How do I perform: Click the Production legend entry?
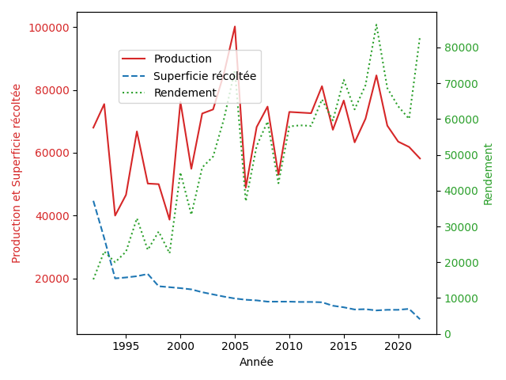coord(183,59)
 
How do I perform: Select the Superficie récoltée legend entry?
coord(205,76)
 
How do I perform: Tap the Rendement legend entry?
coord(185,93)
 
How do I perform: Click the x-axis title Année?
coord(256,363)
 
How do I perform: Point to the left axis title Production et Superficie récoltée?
coord(17,173)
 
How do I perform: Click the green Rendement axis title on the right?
coord(488,173)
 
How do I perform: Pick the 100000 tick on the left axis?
coord(49,28)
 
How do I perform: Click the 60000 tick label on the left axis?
coord(52,154)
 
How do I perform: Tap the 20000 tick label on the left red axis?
coord(52,279)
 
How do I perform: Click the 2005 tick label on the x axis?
coord(235,346)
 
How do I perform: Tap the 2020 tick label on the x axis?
coord(398,346)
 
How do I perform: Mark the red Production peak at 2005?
coord(235,26)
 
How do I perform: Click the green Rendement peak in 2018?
coord(376,24)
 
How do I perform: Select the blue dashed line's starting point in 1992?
coord(93,201)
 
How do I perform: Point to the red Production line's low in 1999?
coord(169,220)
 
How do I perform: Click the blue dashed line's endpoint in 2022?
coord(420,319)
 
